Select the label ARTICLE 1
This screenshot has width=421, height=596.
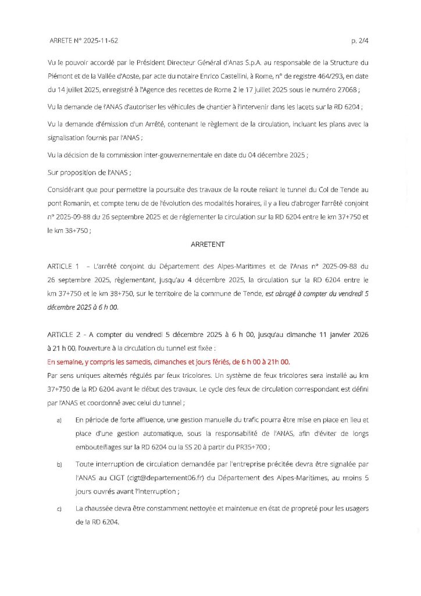pos(64,265)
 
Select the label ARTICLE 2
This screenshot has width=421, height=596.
pos(64,335)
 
